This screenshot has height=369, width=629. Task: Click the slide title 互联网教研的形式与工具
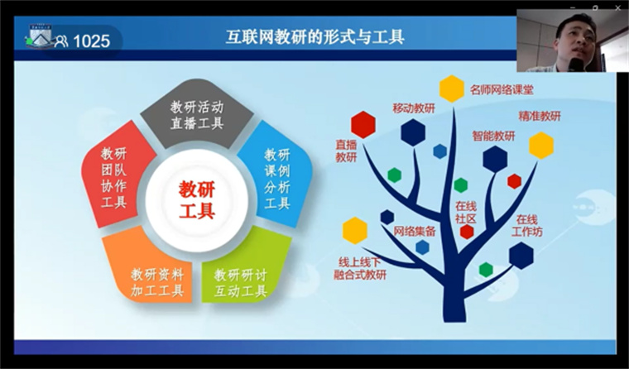coord(314,37)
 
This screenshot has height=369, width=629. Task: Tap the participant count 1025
coord(92,41)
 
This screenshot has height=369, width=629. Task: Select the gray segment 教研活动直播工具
coord(197,113)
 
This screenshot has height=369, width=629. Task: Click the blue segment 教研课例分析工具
coord(276,176)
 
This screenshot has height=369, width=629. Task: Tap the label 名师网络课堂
coord(502,89)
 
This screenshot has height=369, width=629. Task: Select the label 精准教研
coord(540,116)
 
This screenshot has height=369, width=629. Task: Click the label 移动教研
coord(414,108)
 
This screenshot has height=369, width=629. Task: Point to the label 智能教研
coord(493,136)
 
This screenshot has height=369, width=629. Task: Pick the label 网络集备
coord(415,231)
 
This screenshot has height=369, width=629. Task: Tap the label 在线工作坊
coord(526,226)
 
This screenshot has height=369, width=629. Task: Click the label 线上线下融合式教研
coord(360,269)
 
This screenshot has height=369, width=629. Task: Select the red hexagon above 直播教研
coord(363,125)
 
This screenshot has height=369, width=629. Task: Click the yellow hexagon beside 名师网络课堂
coord(452,89)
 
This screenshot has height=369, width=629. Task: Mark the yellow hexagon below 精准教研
coord(541,146)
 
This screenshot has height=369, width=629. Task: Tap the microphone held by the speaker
coord(577,65)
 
